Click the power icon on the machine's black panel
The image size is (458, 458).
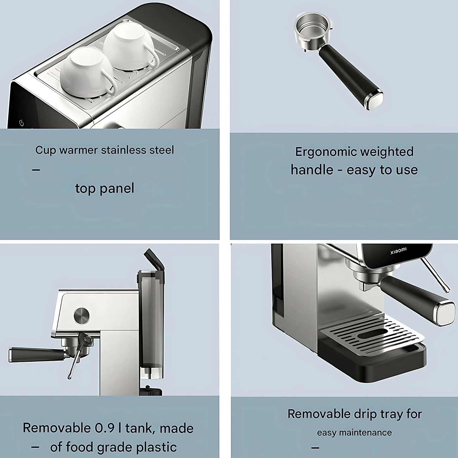[21, 123]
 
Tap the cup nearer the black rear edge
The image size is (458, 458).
[131, 49]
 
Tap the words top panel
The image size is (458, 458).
[105, 188]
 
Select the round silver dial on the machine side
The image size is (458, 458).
[82, 315]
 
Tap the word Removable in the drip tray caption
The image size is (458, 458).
[318, 414]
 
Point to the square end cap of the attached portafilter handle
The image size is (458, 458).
[444, 312]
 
